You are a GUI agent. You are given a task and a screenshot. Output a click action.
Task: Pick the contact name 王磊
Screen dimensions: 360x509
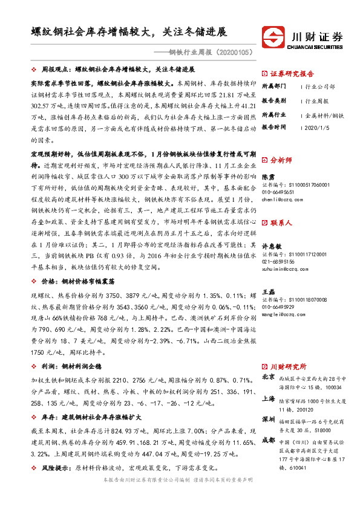268,291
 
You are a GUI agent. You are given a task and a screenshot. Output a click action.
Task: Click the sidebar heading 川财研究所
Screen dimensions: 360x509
288,366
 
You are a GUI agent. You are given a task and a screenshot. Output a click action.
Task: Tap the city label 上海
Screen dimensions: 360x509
268,399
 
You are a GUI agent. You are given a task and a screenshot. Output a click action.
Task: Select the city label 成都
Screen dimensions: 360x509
268,440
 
